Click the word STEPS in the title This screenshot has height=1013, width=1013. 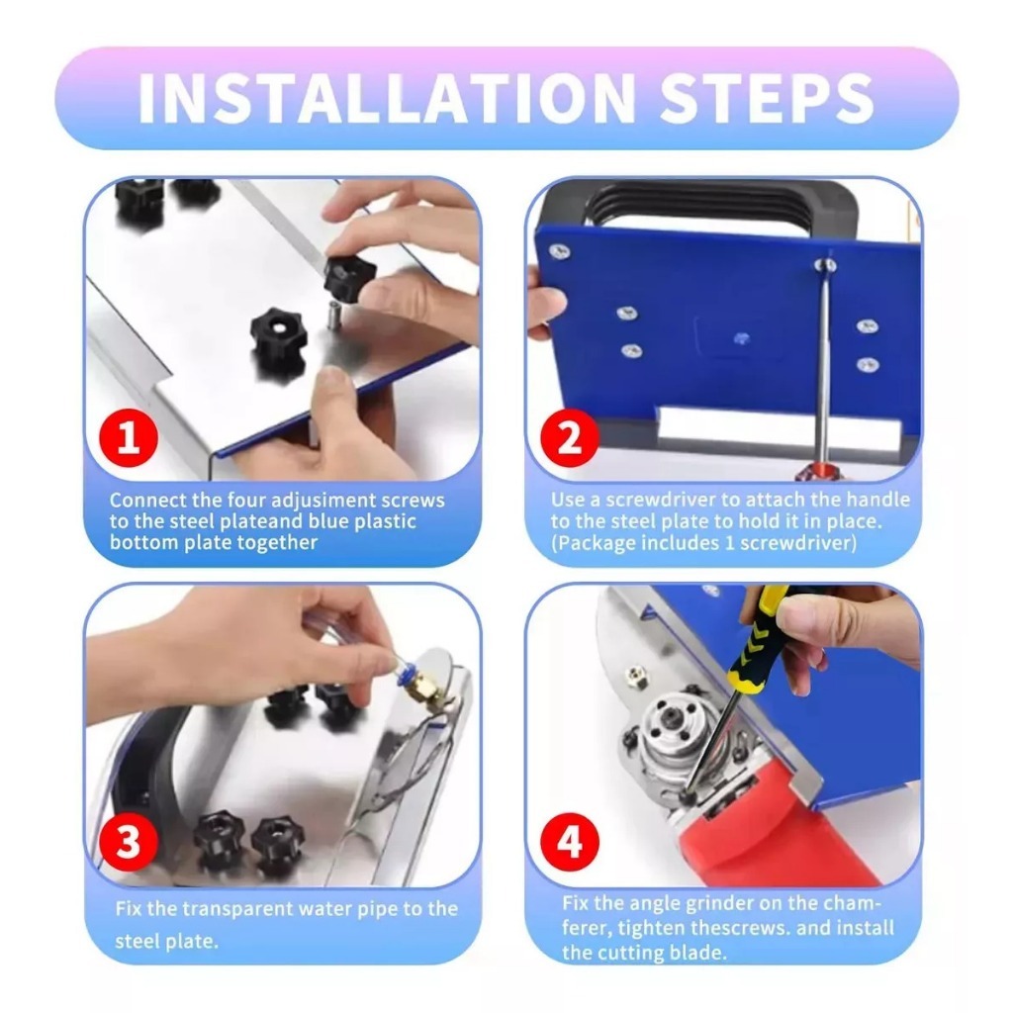pos(767,98)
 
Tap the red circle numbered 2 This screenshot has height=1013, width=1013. pos(569,437)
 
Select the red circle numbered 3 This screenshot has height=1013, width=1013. pos(128,842)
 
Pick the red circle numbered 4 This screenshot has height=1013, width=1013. pos(569,842)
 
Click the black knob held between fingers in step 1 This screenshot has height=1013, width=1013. pos(349,276)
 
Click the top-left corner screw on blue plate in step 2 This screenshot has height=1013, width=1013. pos(559,251)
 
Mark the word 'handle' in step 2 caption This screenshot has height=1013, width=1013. pos(878,500)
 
